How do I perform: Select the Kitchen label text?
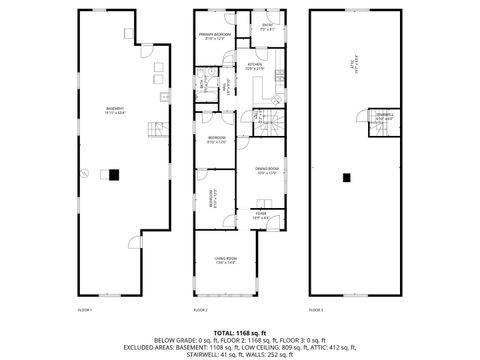(x=255, y=66)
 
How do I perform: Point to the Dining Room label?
(x=265, y=170)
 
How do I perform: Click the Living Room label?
(x=225, y=260)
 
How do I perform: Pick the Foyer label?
(x=260, y=214)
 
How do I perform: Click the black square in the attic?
(x=346, y=177)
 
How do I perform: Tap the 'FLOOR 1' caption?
(x=85, y=310)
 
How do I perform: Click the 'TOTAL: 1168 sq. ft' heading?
(x=240, y=331)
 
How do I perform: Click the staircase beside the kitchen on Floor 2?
(x=264, y=121)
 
